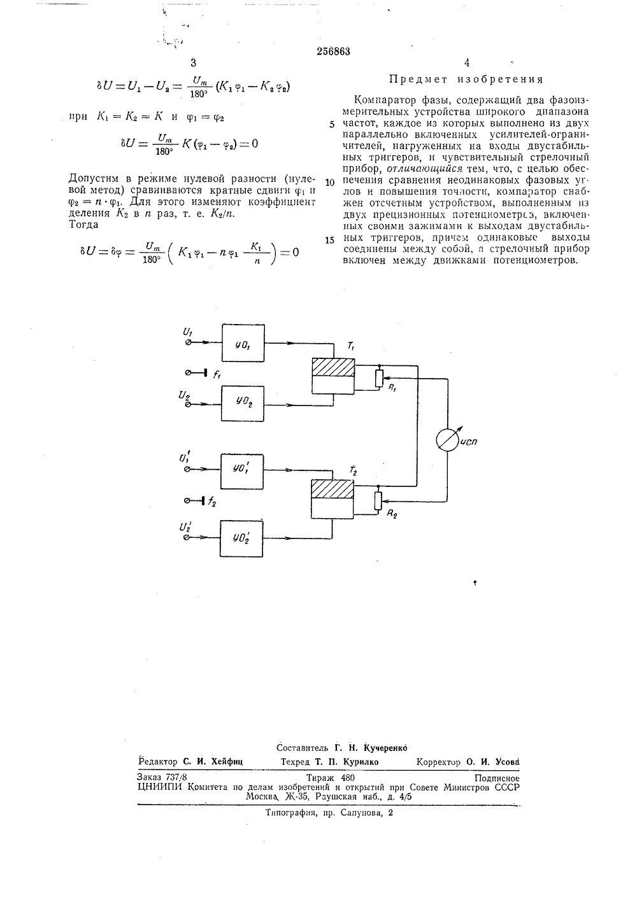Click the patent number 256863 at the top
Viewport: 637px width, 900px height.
tap(333, 52)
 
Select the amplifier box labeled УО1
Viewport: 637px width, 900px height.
tap(243, 342)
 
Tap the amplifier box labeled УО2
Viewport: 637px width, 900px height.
tap(243, 404)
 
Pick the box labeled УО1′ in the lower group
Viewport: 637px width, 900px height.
tap(242, 472)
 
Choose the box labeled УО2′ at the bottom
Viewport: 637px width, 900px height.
tap(241, 538)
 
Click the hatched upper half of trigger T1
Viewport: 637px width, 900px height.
tap(333, 367)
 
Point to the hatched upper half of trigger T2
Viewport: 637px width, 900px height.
tap(332, 489)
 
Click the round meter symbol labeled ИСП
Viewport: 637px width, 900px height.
tap(447, 440)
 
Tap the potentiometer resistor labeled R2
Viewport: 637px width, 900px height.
tap(378, 501)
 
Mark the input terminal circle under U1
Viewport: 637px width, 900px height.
tap(188, 342)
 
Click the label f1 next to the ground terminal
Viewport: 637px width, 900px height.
tap(217, 375)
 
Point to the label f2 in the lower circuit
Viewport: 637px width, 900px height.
tap(212, 502)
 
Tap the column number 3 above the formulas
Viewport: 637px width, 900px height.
tap(194, 63)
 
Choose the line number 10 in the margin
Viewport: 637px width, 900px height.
tap(329, 183)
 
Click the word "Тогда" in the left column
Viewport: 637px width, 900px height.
tap(83, 225)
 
